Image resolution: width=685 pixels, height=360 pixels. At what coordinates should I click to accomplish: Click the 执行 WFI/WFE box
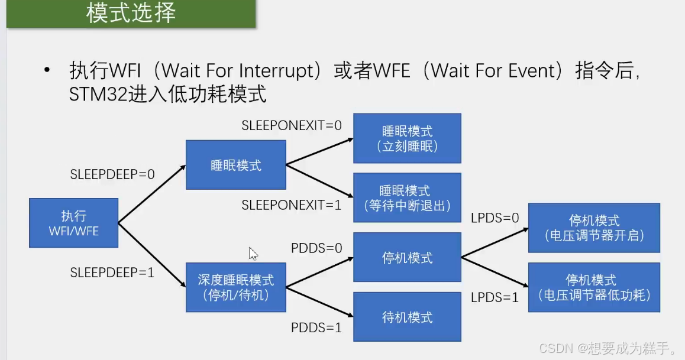(x=73, y=223)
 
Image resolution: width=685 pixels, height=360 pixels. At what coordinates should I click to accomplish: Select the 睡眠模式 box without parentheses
(x=235, y=165)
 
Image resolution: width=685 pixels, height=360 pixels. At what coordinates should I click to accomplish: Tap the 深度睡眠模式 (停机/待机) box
(x=235, y=287)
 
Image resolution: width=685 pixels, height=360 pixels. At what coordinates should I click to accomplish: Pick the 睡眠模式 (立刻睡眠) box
(x=407, y=138)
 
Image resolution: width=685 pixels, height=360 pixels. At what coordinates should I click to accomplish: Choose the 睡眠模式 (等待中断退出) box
(x=407, y=197)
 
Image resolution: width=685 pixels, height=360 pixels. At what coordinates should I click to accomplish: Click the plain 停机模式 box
(x=407, y=257)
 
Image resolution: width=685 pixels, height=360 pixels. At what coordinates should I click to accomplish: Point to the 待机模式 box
(x=407, y=317)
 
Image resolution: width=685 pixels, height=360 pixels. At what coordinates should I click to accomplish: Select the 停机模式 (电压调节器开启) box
(x=594, y=228)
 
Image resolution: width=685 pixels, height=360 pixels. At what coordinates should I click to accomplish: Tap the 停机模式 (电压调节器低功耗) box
(x=594, y=287)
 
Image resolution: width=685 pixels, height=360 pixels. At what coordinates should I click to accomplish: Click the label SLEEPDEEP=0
(x=112, y=174)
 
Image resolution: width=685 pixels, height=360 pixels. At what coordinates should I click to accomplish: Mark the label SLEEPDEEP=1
(x=112, y=273)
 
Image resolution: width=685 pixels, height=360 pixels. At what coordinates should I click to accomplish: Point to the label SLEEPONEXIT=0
(x=292, y=125)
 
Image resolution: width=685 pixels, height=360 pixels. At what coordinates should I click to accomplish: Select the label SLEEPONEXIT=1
(x=292, y=205)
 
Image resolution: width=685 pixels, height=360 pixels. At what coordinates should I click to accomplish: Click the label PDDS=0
(x=316, y=248)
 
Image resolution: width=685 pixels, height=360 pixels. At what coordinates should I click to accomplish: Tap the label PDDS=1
(x=316, y=327)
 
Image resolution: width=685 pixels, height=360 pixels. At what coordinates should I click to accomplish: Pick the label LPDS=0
(x=495, y=218)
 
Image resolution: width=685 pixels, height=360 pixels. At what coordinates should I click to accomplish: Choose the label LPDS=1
(x=495, y=297)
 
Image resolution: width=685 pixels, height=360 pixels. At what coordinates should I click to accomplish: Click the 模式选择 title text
(x=131, y=13)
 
